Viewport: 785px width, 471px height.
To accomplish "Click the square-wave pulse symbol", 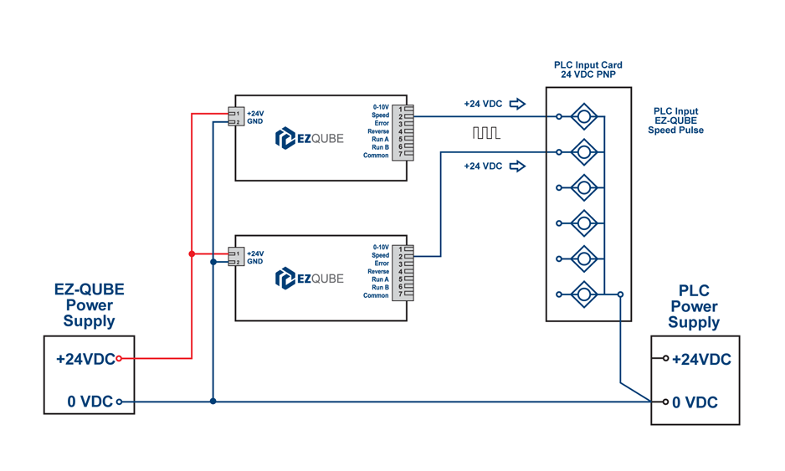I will [485, 133].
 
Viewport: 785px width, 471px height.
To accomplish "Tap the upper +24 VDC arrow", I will [517, 104].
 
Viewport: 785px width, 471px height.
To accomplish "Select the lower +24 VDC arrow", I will [517, 166].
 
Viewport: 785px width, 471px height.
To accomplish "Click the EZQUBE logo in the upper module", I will [309, 138].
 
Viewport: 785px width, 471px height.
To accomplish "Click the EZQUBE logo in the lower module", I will [309, 278].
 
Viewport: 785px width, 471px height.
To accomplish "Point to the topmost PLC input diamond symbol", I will [583, 116].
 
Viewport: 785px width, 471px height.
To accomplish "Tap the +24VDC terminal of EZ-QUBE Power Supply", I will [119, 358].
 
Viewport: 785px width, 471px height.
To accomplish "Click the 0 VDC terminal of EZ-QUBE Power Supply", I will [119, 402].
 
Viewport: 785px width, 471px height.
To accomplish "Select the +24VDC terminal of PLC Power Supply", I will [666, 358].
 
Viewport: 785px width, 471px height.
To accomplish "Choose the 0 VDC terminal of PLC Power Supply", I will [666, 402].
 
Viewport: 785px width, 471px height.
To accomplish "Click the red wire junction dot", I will [192, 253].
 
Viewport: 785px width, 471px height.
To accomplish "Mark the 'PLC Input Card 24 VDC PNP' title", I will [587, 69].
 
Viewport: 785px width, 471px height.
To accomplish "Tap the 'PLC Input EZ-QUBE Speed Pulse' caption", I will [675, 120].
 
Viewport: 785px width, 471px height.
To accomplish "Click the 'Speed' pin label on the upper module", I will [381, 115].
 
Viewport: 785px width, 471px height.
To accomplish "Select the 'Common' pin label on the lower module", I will [376, 295].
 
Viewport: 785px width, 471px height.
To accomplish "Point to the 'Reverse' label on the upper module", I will [378, 131].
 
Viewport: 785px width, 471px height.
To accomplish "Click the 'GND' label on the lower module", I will [254, 262].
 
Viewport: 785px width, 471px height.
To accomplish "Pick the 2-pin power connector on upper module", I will [234, 117].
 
